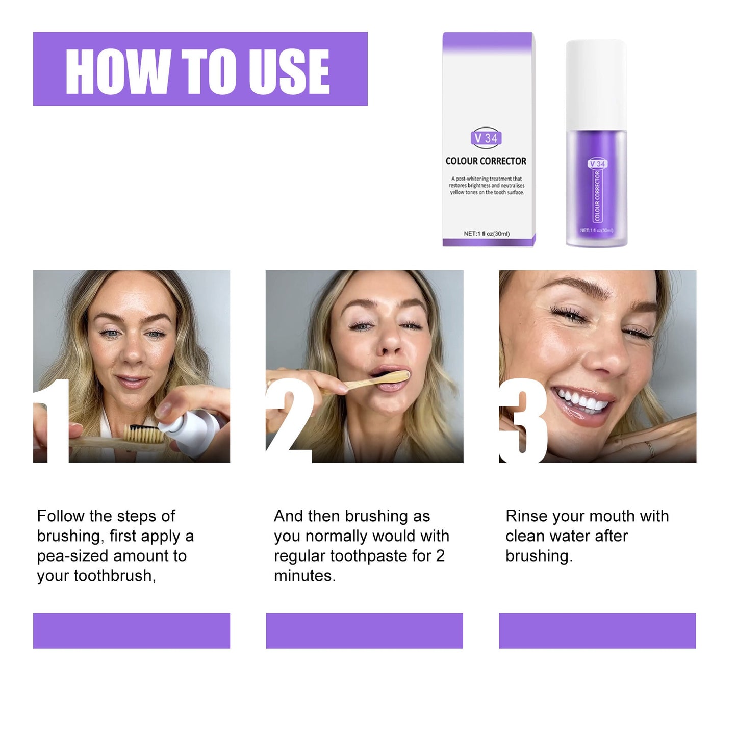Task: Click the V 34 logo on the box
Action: [486, 138]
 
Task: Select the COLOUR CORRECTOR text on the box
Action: [486, 161]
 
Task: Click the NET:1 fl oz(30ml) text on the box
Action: [487, 234]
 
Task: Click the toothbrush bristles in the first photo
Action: [144, 434]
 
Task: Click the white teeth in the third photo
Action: [581, 400]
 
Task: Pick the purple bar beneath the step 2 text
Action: [364, 630]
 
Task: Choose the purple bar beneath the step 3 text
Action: [597, 630]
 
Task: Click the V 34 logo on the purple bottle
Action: [597, 164]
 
